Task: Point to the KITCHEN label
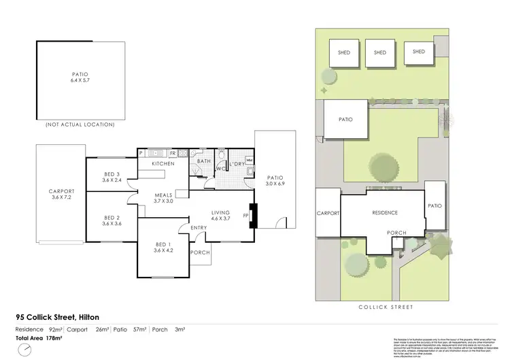(163, 164)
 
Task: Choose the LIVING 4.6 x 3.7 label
(221, 215)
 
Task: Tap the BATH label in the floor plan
(203, 162)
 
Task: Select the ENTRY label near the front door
(199, 228)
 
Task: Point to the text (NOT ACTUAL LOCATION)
(80, 125)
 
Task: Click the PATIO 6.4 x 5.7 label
(80, 78)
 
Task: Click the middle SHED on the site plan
(379, 52)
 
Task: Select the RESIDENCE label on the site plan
(384, 213)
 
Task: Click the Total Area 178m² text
(39, 338)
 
